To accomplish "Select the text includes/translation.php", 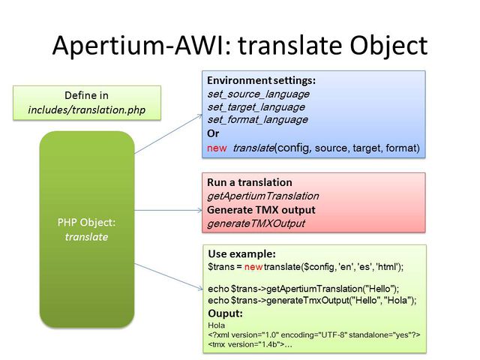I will click(x=87, y=110).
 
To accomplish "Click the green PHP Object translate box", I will click(x=86, y=229).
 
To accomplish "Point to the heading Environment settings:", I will click(x=261, y=80).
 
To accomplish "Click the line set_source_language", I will click(x=257, y=94).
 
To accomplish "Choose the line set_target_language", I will click(x=256, y=106).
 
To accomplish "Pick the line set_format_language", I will click(x=256, y=119).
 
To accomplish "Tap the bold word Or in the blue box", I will click(x=213, y=133).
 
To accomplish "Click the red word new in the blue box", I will click(x=217, y=148).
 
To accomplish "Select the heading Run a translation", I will click(x=249, y=182).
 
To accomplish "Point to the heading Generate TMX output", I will click(x=260, y=209).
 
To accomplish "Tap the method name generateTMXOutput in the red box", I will click(x=256, y=223).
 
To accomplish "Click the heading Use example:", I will click(x=241, y=253).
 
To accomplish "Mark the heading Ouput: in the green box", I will click(x=225, y=313).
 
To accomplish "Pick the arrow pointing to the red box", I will click(x=167, y=205).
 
